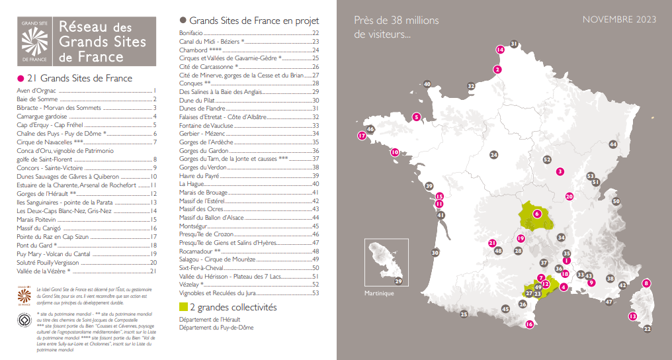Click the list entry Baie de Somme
click(x=38, y=99)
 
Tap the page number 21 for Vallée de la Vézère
click(x=153, y=271)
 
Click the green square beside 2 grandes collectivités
click(x=184, y=307)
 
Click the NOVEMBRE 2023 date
click(x=619, y=20)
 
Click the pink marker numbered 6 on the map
click(x=537, y=214)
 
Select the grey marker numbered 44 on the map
click(x=612, y=144)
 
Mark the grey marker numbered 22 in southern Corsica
click(x=647, y=328)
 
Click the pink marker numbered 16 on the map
click(x=529, y=324)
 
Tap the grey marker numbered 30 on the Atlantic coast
click(x=435, y=253)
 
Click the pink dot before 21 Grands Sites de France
click(x=21, y=78)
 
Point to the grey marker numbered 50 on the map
click(x=616, y=201)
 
